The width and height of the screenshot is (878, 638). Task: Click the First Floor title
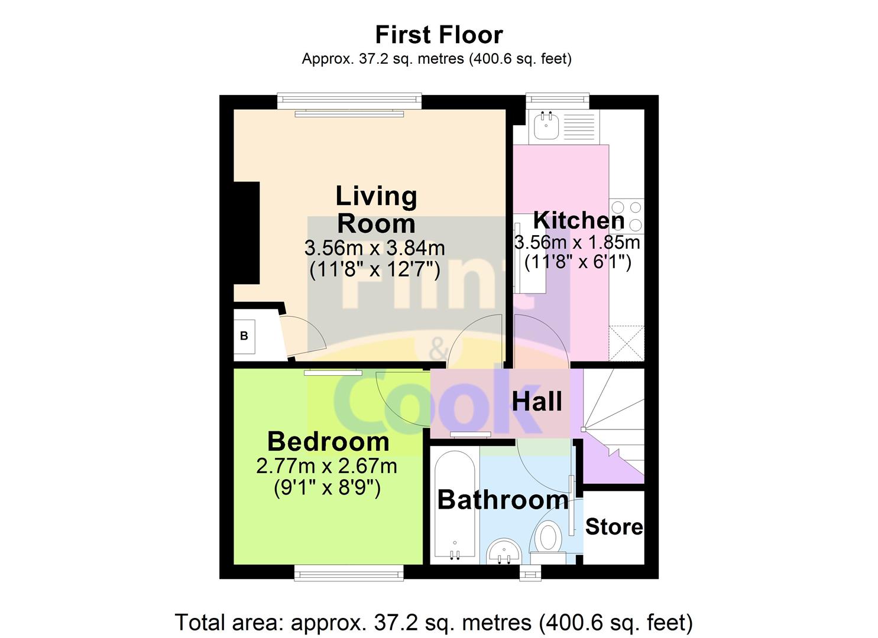(439, 35)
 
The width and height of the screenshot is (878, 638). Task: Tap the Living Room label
(376, 210)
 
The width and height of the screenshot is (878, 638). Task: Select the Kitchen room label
(578, 220)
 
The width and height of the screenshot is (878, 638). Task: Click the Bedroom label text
(328, 441)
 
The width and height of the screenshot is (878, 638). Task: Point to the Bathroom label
(503, 500)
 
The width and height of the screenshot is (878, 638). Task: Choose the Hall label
(537, 402)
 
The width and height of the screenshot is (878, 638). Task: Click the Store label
(614, 526)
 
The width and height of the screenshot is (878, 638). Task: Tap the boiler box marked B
(244, 336)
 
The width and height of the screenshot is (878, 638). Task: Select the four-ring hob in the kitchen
(627, 216)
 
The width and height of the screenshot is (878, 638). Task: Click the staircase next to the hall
(615, 425)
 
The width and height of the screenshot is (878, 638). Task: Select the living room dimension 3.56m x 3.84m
(374, 248)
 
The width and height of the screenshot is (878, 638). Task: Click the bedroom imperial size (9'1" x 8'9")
(327, 488)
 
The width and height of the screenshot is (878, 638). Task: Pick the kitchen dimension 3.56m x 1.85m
(577, 242)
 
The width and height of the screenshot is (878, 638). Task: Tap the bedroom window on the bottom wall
(349, 572)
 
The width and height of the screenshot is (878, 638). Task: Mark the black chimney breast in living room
(247, 233)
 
